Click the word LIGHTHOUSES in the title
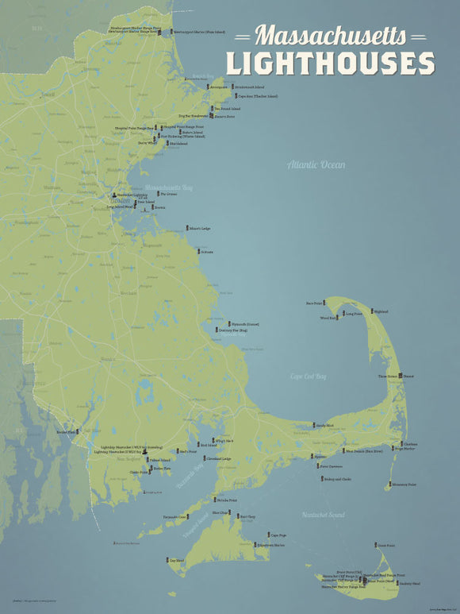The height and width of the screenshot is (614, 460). (330, 63)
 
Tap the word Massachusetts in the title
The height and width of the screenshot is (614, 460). (332, 36)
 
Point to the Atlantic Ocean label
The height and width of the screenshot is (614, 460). (316, 164)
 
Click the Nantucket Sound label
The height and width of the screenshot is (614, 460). (324, 516)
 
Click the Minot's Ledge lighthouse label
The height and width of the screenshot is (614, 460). (200, 229)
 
